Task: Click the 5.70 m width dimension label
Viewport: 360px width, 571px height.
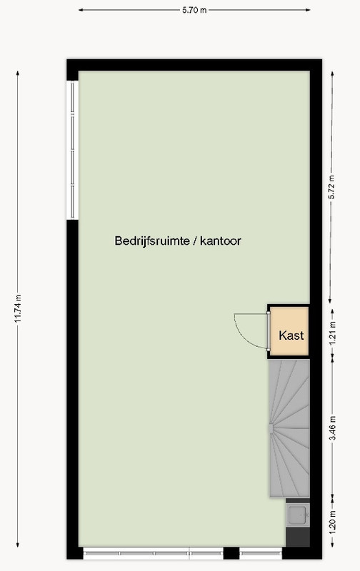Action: [194, 10]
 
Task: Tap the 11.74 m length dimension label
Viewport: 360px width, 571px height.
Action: [17, 308]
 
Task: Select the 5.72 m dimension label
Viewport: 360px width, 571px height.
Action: [331, 187]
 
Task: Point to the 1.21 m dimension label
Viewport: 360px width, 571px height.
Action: [332, 333]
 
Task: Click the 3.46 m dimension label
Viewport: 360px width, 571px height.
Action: [332, 428]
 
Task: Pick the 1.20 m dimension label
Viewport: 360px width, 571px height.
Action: [332, 522]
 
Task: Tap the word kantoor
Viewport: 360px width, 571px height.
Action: [221, 241]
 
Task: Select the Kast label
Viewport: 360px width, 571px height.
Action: [291, 335]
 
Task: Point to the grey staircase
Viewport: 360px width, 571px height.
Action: [289, 428]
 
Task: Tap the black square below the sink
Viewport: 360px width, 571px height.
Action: [298, 537]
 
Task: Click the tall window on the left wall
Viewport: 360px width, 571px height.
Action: [73, 150]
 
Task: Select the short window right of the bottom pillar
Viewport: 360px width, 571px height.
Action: [261, 553]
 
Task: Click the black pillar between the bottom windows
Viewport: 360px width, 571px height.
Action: [231, 553]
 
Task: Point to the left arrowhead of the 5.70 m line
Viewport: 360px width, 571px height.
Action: [81, 10]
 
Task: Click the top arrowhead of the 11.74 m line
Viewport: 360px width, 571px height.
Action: [17, 74]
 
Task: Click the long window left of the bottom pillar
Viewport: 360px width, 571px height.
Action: [153, 553]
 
